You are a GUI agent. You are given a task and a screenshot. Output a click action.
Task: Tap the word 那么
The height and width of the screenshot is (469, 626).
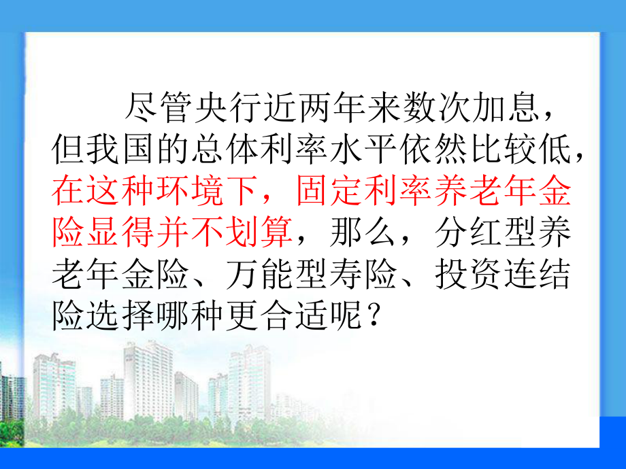click(x=362, y=232)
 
